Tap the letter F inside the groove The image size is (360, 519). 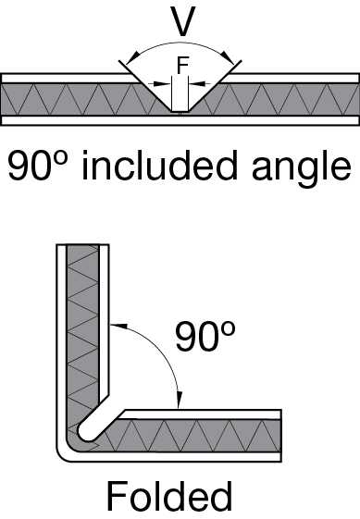pyautogui.click(x=181, y=68)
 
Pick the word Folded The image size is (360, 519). pyautogui.click(x=169, y=496)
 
